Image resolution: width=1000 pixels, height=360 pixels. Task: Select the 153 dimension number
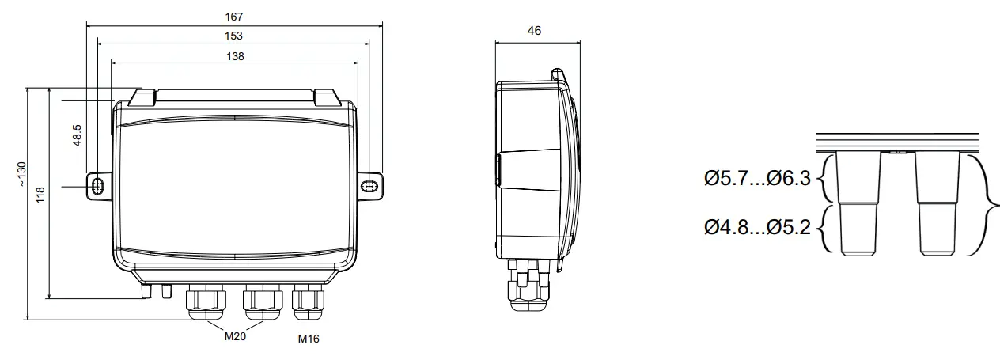(233, 36)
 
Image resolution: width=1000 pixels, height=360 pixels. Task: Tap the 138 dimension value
(234, 55)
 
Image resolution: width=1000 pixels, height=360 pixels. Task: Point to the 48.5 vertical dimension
(77, 135)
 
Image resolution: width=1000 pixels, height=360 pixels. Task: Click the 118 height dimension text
(40, 195)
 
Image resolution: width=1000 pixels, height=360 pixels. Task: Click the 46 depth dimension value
(534, 31)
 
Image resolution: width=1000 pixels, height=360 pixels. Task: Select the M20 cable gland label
(234, 336)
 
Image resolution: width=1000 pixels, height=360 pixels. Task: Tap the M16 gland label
(309, 339)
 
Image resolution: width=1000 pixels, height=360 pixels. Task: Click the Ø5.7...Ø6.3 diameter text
(758, 179)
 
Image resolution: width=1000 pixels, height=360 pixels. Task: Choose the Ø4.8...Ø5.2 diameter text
(758, 228)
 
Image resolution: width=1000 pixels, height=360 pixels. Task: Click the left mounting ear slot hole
(97, 185)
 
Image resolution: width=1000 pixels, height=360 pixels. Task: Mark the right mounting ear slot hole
(370, 185)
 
